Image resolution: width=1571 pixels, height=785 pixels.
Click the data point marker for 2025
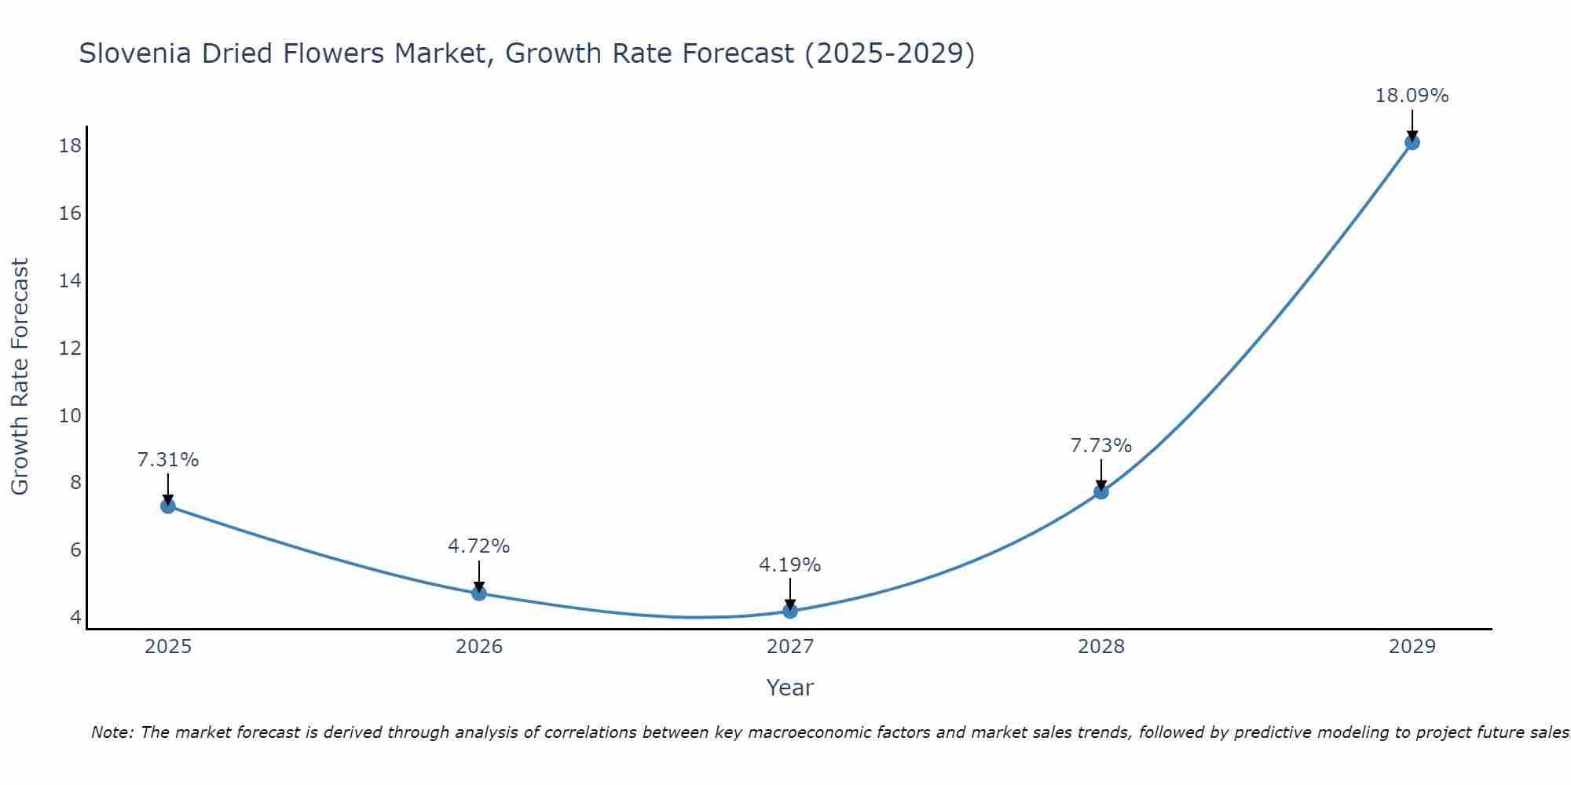coord(167,506)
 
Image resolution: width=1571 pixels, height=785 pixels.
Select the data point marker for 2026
coord(479,593)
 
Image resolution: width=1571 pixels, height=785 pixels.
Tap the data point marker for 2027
coord(790,611)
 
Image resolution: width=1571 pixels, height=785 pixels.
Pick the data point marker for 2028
coord(1101,491)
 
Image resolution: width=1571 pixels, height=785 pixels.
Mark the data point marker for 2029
coord(1412,142)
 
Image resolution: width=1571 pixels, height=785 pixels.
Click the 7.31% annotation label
coord(168,460)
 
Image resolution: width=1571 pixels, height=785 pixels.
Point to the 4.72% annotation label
coord(479,546)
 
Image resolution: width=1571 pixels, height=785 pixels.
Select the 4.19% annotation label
coord(790,565)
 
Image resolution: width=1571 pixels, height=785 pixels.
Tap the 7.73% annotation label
coord(1101,446)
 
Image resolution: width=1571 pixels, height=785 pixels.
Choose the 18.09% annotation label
coord(1412,97)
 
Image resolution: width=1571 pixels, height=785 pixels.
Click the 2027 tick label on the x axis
coord(790,647)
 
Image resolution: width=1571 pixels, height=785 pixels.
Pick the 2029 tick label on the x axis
coord(1412,647)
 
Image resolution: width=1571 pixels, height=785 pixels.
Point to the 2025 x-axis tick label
coord(168,647)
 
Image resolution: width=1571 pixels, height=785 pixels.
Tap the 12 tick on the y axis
coord(71,348)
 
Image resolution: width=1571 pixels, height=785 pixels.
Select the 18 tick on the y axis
coord(71,146)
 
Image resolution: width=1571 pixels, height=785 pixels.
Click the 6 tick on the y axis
coord(75,549)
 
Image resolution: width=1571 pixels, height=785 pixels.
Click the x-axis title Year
coord(790,688)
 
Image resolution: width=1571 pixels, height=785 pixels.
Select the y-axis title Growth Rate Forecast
coord(20,377)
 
